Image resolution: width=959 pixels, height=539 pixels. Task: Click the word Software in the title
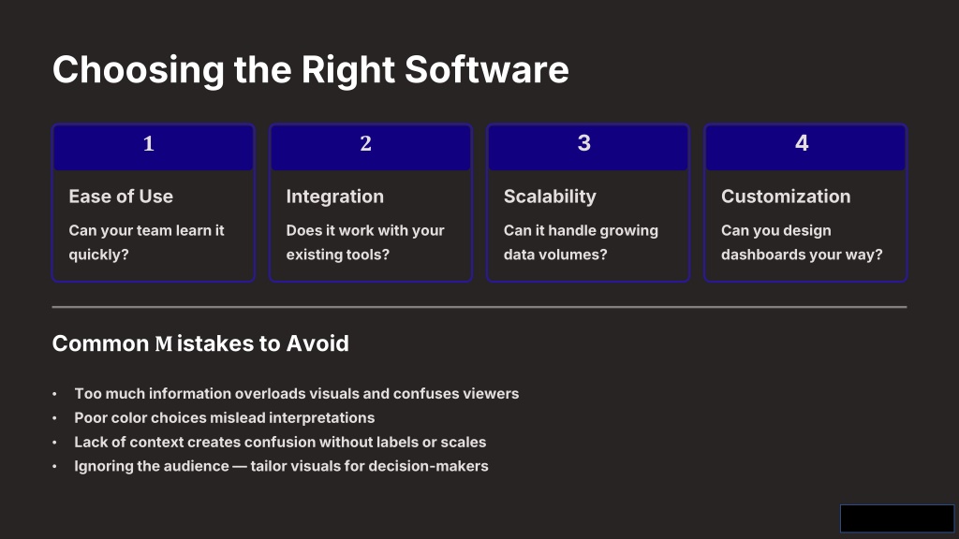click(486, 69)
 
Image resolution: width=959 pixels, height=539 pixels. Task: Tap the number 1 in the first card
click(149, 143)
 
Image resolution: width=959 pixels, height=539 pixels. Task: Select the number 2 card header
click(371, 147)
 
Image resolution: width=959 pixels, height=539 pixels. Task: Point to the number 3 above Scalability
click(584, 143)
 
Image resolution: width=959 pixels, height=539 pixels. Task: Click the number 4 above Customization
click(802, 143)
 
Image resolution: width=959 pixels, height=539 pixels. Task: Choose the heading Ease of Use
click(121, 197)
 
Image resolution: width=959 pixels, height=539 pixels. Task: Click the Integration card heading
click(334, 197)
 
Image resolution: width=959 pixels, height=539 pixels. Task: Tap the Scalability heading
click(550, 197)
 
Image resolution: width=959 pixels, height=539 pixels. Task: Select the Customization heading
click(786, 197)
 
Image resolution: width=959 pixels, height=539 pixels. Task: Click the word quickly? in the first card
click(98, 255)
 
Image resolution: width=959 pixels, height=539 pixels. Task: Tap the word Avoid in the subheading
click(317, 343)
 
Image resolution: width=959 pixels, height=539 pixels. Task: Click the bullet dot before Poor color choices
click(54, 418)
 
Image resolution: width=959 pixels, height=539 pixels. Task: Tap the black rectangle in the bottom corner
click(896, 518)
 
